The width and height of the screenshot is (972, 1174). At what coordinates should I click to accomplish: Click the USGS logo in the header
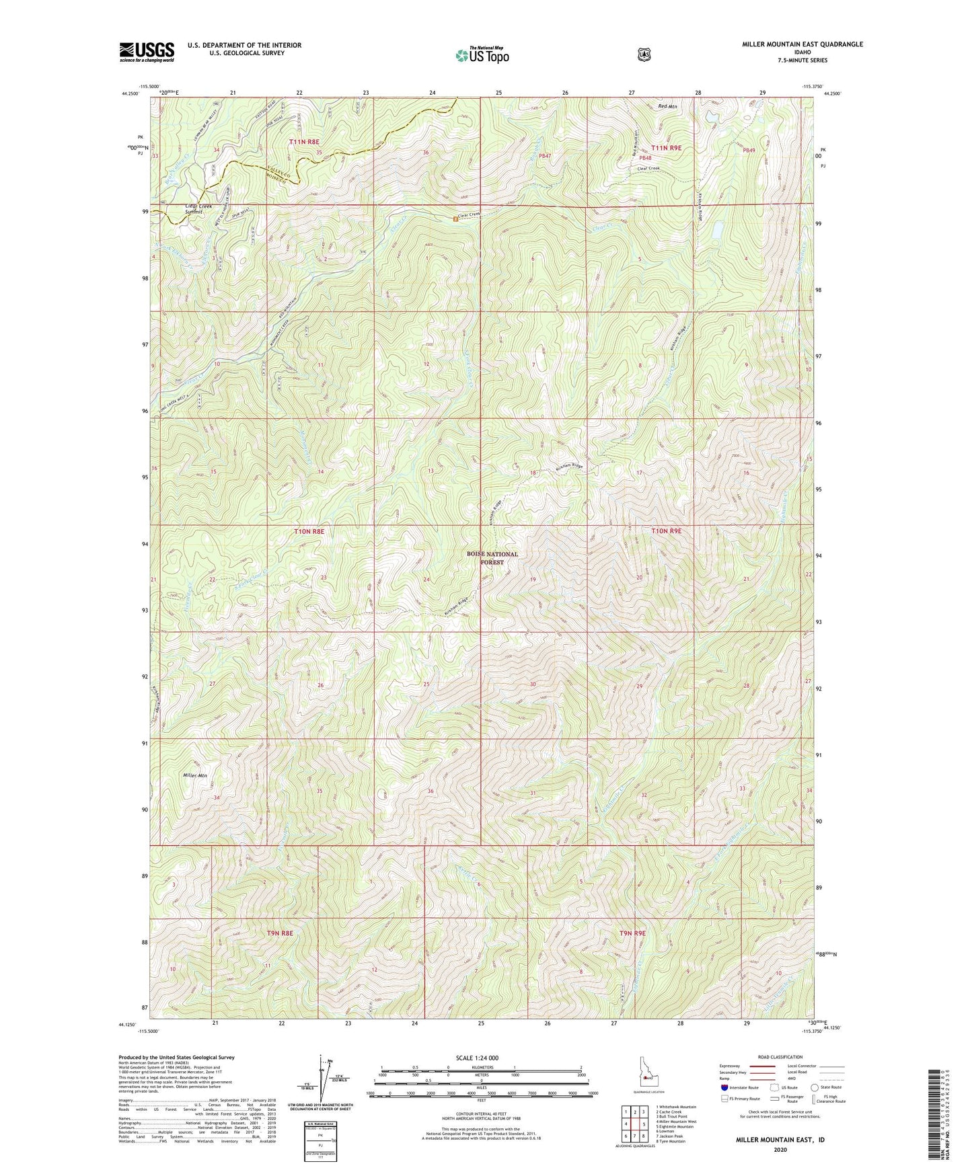coord(147,51)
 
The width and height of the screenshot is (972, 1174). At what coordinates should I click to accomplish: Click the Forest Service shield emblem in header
coord(644,54)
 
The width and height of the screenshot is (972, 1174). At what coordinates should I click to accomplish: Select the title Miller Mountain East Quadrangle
coord(802,44)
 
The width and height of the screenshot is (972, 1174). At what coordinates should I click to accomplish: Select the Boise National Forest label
coord(492,558)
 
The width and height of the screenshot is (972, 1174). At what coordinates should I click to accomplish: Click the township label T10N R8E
coord(309,531)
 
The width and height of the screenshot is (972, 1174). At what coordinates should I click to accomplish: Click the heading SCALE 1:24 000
coord(477,1058)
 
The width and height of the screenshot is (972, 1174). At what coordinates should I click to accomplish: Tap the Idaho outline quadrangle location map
coord(647,1075)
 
